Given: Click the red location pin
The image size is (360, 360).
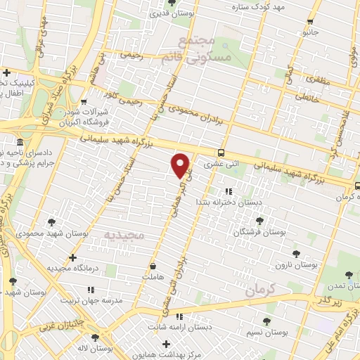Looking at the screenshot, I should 181,165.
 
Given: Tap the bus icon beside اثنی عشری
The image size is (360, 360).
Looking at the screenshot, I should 222,153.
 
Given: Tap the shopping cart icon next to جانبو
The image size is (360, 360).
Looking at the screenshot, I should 325,32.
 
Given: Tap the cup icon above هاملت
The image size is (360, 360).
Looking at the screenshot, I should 153,266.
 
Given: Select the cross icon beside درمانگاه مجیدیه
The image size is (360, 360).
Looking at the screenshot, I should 72,257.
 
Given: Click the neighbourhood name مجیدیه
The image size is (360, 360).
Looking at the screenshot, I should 123,234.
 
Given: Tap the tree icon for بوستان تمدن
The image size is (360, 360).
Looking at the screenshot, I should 349,275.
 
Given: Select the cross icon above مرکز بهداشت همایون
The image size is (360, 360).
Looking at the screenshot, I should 166,343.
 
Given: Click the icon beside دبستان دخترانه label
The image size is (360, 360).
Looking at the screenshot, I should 227,191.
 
